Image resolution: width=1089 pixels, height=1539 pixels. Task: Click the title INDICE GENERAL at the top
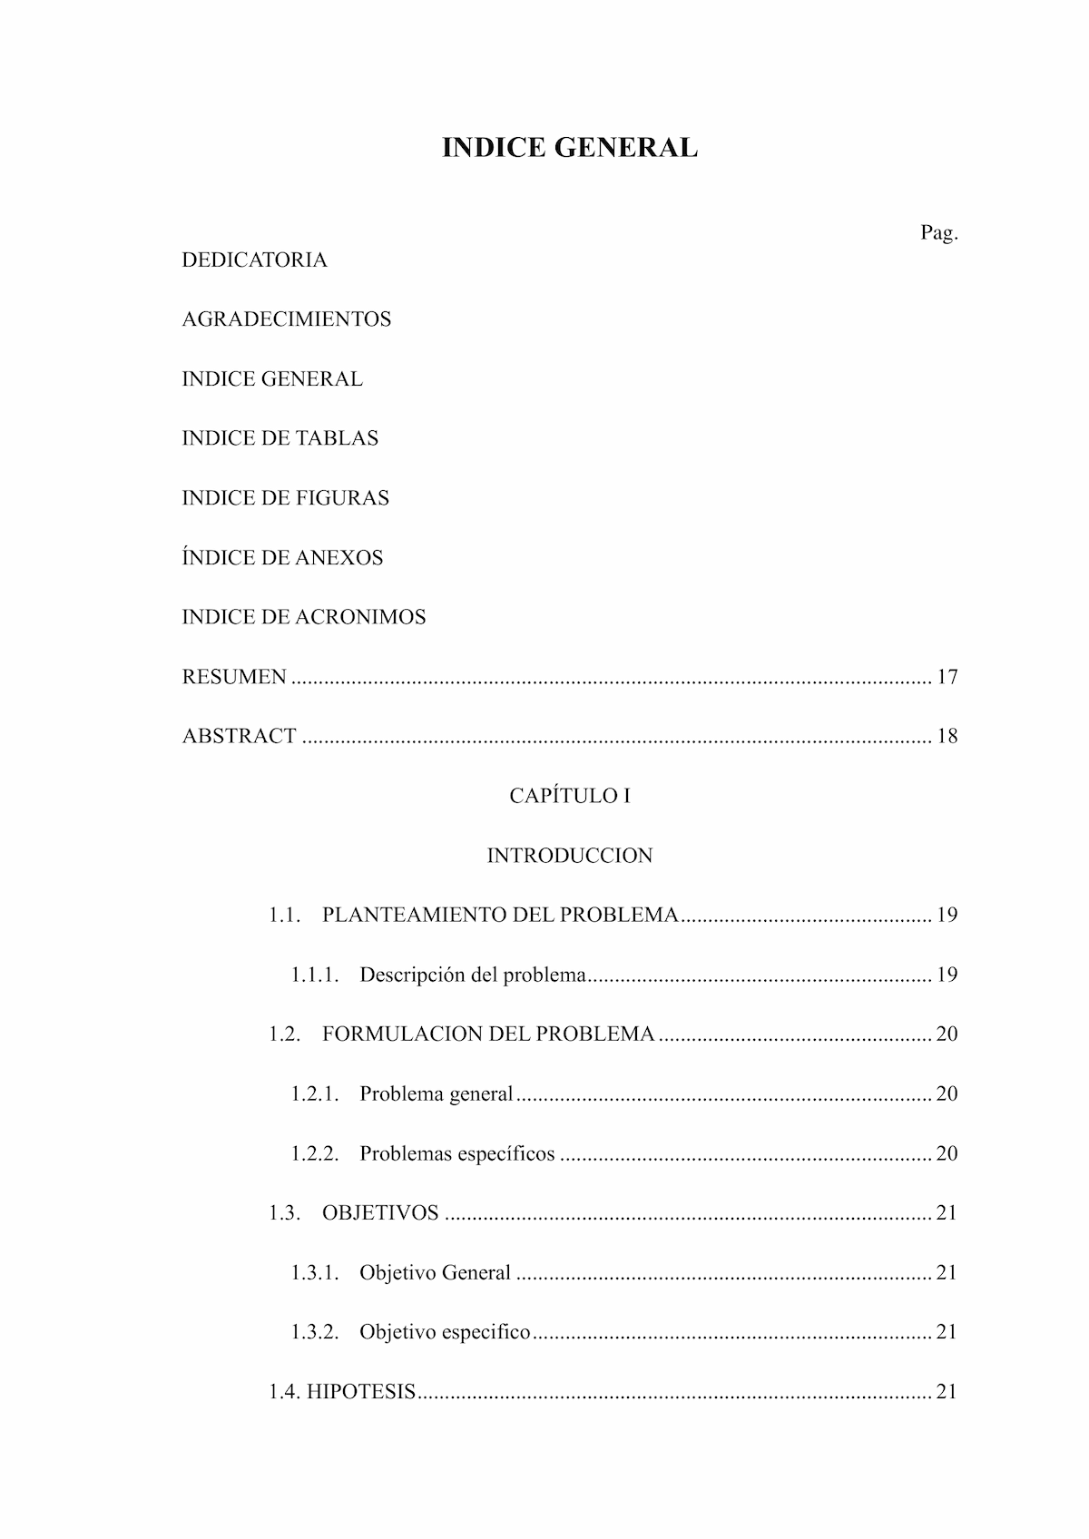570,148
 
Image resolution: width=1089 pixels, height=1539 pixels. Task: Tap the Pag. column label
939,233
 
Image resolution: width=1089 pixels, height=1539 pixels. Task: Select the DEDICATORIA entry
254,260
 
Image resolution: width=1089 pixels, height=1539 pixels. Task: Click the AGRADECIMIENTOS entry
286,319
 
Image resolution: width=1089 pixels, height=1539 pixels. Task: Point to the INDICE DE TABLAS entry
280,438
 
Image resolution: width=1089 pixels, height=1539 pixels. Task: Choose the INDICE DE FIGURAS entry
285,498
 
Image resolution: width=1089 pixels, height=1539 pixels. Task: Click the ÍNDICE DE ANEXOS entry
282,558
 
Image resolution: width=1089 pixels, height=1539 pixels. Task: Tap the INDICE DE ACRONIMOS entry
303,617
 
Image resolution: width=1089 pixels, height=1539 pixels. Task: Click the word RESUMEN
234,677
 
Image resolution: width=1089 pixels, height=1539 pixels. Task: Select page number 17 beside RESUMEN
947,677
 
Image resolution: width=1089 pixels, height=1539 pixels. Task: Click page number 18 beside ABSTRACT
947,736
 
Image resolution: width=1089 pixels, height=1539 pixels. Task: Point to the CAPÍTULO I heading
570,796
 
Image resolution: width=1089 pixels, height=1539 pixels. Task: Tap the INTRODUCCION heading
570,856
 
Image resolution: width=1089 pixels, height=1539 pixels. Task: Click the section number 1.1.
284,915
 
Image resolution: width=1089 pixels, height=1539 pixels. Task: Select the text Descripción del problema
473,975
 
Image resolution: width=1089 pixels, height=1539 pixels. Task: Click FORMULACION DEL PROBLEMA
488,1034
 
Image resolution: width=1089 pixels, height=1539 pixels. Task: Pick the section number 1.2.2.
315,1153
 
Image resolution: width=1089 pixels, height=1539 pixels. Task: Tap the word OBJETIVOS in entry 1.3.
380,1213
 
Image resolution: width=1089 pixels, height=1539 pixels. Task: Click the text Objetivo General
435,1272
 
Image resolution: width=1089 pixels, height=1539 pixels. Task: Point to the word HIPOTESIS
361,1392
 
